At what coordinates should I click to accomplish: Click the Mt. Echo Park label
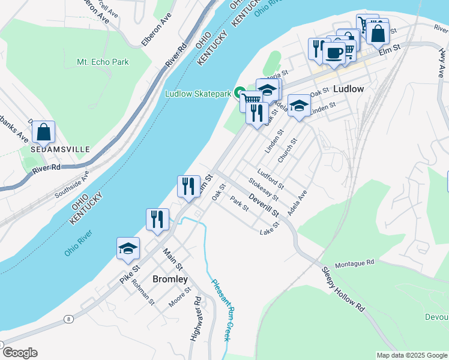coord(103,62)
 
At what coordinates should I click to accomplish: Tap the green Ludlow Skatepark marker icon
coord(239,94)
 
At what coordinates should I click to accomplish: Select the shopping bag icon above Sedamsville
coord(43,131)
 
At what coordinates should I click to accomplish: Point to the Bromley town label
coord(170,279)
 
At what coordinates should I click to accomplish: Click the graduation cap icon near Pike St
coord(128,249)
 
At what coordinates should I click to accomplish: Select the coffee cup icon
coord(334,52)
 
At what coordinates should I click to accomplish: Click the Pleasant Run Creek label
coord(220,309)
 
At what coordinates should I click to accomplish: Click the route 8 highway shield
coord(70,319)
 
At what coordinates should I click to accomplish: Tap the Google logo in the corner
coord(20,353)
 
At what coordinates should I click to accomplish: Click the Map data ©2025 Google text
coord(412,355)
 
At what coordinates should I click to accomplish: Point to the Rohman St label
coord(143,292)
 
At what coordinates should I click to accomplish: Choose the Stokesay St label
coord(264,189)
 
